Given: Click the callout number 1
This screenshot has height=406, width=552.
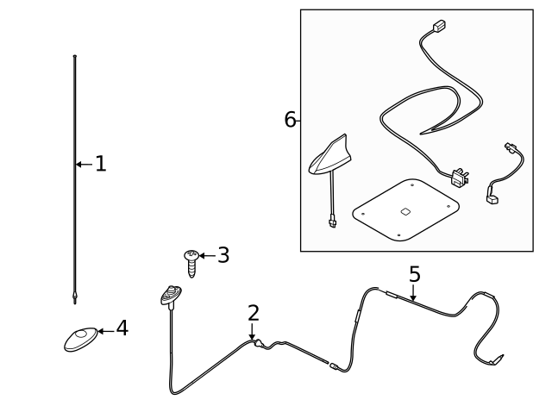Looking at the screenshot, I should coord(101,164).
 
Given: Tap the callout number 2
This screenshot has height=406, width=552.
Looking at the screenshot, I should coord(253,313).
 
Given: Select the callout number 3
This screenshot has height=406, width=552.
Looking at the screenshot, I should coord(223,255).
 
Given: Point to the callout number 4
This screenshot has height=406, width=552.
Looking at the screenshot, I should coord(122,328).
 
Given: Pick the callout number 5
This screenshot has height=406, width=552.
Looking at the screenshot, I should coord(414,274).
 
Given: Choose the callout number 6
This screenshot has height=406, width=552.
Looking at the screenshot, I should coord(290,120).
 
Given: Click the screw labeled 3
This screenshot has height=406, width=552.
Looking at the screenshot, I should coord(191,262).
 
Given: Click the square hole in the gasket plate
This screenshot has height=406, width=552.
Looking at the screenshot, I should coord(405,210).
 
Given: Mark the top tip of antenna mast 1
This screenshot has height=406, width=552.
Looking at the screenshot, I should coord(76,57).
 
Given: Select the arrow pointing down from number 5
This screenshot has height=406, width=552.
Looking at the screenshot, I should coord(414,293).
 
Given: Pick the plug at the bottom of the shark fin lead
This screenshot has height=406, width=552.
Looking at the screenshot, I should coord(333,223).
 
